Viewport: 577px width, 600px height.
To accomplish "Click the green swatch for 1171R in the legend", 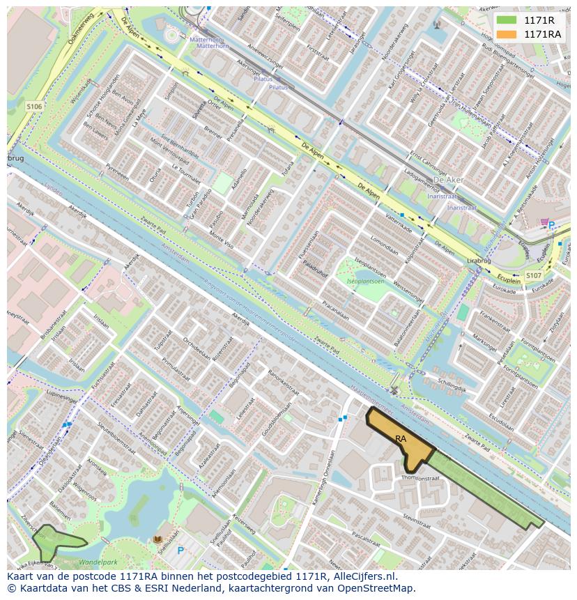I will pyautogui.click(x=507, y=20).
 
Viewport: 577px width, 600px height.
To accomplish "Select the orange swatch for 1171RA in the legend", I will pyautogui.click(x=507, y=34).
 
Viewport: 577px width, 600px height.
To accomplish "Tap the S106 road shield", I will pyautogui.click(x=34, y=106).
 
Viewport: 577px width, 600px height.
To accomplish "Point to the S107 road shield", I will pyautogui.click(x=533, y=275).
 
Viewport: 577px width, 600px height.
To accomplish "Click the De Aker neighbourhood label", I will pyautogui.click(x=449, y=180).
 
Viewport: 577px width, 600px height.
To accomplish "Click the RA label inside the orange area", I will pyautogui.click(x=401, y=439).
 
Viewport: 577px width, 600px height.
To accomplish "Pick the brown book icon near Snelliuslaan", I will pyautogui.click(x=157, y=539).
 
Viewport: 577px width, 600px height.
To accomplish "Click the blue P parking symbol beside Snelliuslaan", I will pyautogui.click(x=180, y=551).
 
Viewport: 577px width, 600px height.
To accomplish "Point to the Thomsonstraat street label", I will pyautogui.click(x=420, y=479).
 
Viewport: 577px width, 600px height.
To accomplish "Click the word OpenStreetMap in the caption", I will pyautogui.click(x=377, y=588).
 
